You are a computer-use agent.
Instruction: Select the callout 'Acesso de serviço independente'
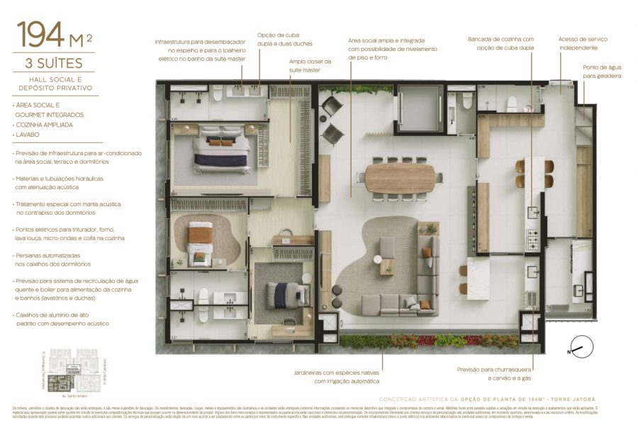coord(583,43)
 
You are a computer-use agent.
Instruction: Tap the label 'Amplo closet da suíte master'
coord(305,66)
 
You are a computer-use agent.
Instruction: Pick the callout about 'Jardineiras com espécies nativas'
coord(337,376)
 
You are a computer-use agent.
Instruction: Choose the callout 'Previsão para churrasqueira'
coord(494,373)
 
